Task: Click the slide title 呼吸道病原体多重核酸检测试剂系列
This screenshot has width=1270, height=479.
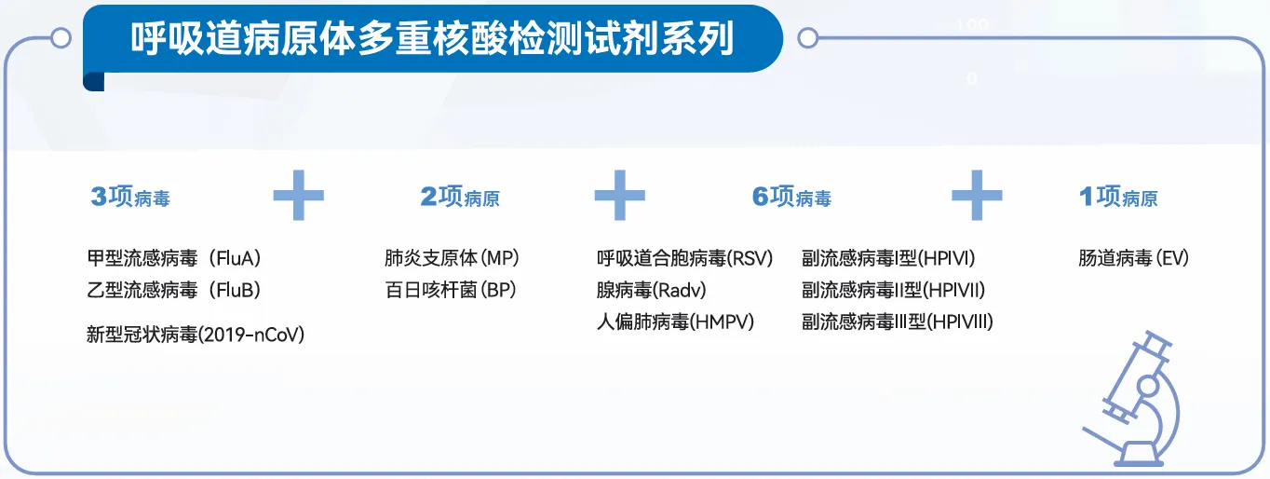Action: click(432, 38)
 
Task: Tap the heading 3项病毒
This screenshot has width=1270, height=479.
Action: click(130, 197)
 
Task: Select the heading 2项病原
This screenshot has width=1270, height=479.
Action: click(460, 197)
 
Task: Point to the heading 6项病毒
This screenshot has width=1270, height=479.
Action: click(791, 197)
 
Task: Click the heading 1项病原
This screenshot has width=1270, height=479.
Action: click(1118, 197)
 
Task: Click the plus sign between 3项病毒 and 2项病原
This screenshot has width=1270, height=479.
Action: click(299, 195)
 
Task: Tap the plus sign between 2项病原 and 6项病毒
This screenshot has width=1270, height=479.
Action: click(620, 195)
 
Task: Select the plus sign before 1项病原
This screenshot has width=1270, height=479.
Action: click(977, 195)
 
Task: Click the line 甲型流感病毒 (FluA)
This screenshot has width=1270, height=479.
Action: click(174, 258)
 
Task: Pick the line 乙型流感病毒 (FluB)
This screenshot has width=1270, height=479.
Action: click(174, 290)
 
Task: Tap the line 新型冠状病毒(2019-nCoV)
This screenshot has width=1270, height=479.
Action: click(196, 335)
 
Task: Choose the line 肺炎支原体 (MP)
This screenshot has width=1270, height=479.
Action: click(452, 258)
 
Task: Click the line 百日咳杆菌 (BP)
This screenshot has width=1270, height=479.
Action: click(451, 290)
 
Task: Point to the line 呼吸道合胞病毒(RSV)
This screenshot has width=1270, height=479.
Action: click(685, 258)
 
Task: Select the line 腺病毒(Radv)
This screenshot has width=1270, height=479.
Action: click(652, 290)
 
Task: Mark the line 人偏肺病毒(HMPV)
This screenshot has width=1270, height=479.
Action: click(675, 322)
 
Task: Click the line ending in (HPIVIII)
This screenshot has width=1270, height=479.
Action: click(898, 322)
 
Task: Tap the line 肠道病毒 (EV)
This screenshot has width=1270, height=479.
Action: click(1133, 258)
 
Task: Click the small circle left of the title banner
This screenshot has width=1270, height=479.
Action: click(61, 38)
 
